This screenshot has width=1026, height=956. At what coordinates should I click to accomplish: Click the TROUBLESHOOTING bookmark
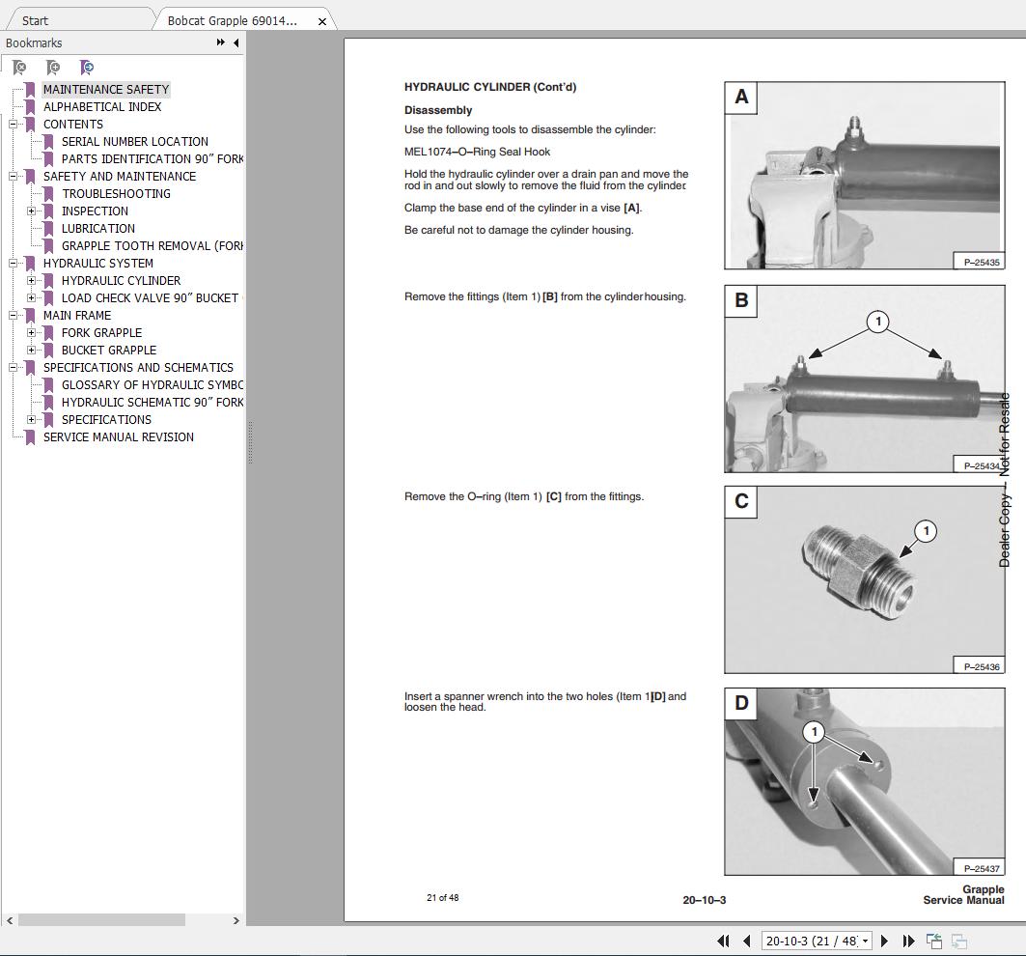(116, 193)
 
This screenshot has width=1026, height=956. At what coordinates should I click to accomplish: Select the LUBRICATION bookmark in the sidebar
(97, 228)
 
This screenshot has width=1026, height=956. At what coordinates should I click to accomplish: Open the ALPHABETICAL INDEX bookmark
(102, 106)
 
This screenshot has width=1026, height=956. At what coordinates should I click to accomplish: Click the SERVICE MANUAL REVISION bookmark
(118, 436)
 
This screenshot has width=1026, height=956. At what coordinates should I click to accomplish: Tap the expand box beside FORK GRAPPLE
(32, 333)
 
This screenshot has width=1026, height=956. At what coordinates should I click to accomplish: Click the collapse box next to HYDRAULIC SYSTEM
(14, 264)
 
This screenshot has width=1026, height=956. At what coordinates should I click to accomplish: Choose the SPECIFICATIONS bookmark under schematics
(106, 419)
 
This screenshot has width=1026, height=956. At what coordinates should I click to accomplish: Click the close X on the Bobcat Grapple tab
(322, 20)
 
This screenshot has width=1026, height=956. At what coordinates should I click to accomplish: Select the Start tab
(35, 20)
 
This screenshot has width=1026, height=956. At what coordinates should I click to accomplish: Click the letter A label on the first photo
(741, 97)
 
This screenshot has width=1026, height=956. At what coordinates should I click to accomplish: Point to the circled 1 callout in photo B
(877, 322)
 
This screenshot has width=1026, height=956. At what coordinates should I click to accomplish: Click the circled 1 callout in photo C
(926, 531)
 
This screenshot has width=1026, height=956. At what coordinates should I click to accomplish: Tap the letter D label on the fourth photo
(741, 703)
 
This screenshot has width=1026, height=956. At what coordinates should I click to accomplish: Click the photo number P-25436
(981, 665)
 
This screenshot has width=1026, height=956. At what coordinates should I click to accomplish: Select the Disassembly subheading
(437, 110)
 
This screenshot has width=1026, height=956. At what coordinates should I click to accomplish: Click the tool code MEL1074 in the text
(428, 152)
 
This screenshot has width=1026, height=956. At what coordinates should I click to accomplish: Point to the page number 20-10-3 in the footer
(704, 900)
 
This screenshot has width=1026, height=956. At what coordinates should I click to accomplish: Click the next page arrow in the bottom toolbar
(884, 941)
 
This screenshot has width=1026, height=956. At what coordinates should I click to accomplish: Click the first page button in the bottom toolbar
(723, 941)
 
